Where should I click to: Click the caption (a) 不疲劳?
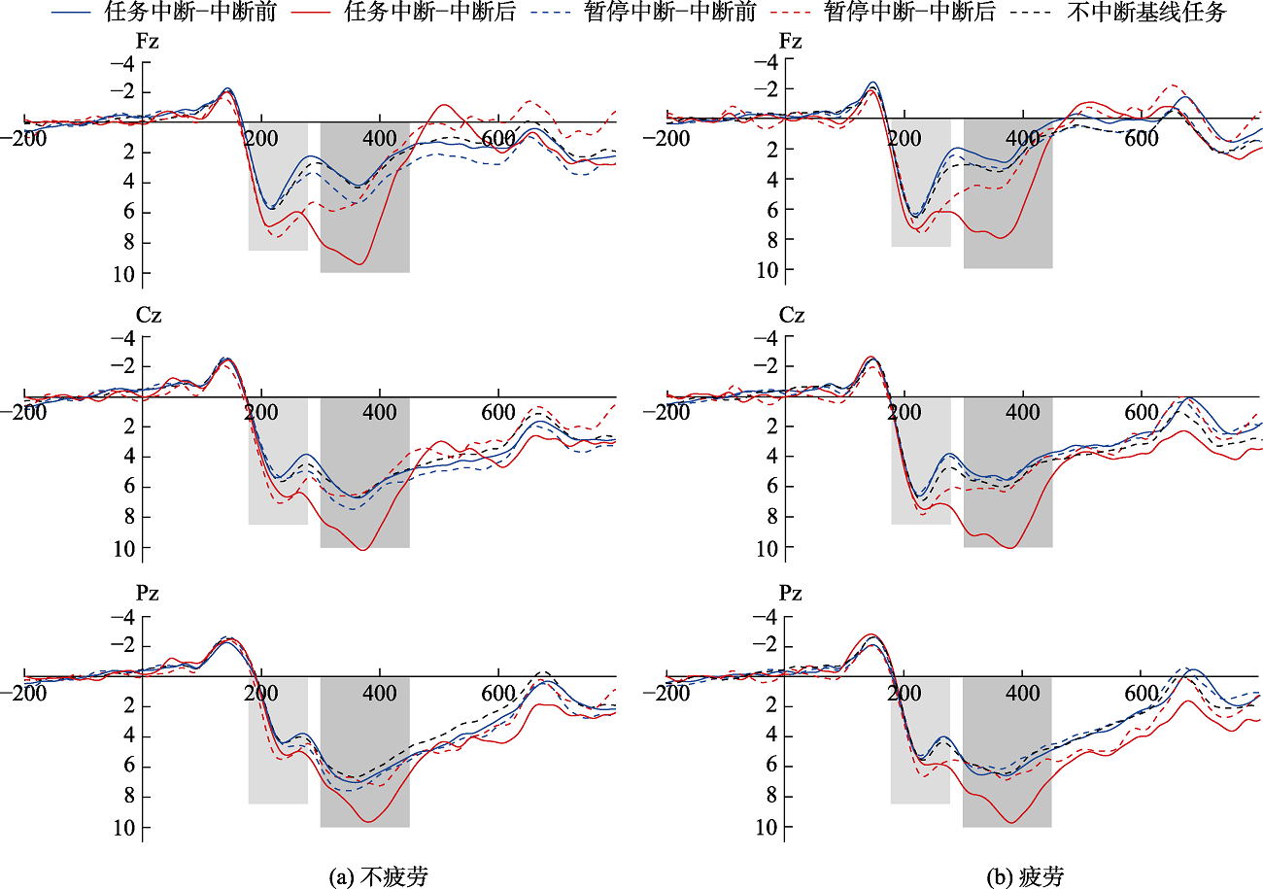380,876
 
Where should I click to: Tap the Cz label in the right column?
791,316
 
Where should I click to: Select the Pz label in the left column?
147,594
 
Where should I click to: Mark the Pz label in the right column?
791,594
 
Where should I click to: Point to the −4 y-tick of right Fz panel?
767,63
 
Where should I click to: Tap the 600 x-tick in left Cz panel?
497,411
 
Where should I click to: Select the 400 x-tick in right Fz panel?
1022,138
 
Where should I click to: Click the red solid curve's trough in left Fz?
359,263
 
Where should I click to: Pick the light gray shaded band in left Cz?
278,462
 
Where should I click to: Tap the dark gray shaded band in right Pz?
1007,753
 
